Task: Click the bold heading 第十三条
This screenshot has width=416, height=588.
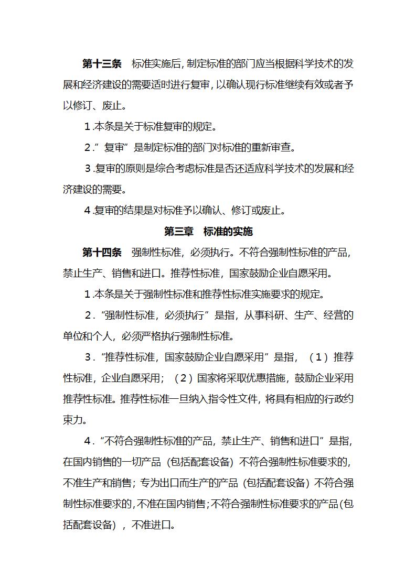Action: tap(102, 64)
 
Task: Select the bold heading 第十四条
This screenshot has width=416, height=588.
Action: tap(102, 252)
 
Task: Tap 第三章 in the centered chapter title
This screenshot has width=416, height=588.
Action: tap(178, 231)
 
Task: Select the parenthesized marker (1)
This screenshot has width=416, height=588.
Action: tap(318, 357)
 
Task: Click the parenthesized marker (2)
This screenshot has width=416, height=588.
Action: tap(180, 378)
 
